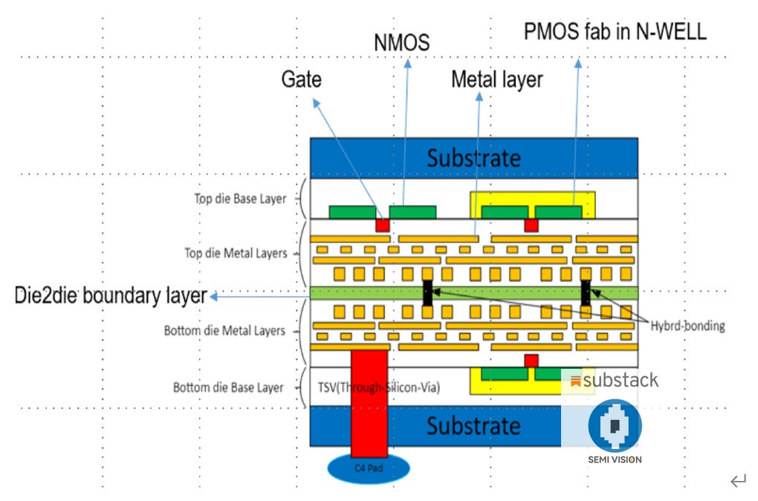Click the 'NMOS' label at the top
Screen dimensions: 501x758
click(x=401, y=43)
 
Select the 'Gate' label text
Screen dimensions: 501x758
click(x=301, y=79)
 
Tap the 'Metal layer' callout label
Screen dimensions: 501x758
click(x=497, y=79)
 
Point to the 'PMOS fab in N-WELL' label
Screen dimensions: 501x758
click(x=615, y=31)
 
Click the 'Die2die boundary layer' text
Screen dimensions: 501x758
click(x=111, y=295)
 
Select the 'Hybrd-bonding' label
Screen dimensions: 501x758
click(x=687, y=326)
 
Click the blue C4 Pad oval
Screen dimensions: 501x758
click(x=369, y=469)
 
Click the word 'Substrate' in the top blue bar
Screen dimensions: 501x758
click(x=473, y=157)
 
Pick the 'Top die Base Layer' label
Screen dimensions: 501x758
click(x=239, y=199)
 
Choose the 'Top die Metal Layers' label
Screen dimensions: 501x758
click(x=235, y=253)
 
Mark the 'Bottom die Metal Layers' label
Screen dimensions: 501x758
click(x=224, y=330)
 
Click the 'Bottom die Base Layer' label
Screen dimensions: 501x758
click(x=228, y=387)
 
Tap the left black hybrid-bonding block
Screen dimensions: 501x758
click(x=427, y=292)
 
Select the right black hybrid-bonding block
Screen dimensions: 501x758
click(x=586, y=292)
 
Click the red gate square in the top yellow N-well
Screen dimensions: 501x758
click(x=531, y=224)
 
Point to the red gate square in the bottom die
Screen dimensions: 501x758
click(x=531, y=361)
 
